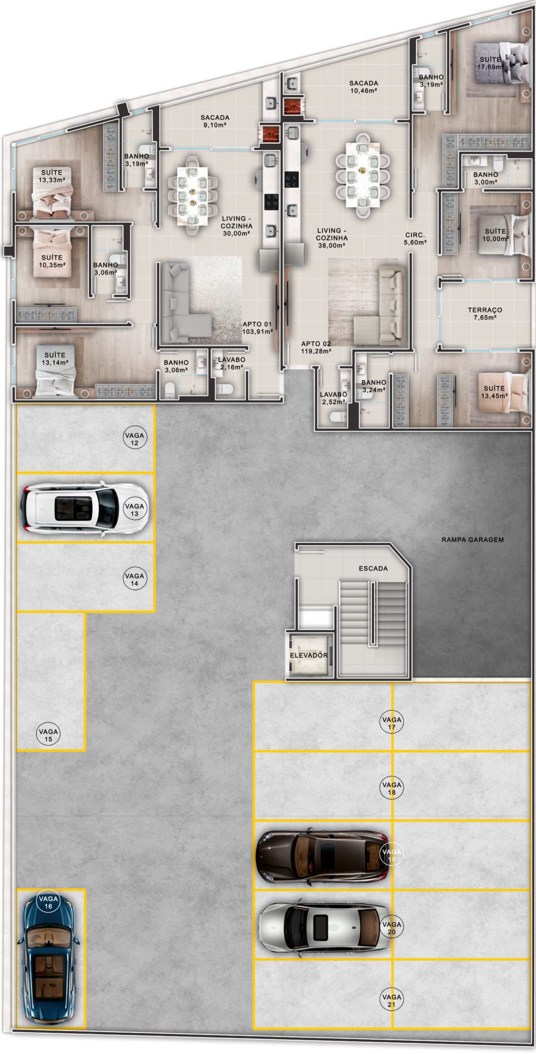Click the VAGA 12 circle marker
134,439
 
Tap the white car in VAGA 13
82,508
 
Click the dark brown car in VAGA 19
324,856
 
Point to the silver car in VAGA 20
324,928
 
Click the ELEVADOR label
309,655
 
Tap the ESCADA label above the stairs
373,568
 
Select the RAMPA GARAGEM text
472,540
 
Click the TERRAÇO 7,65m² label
485,313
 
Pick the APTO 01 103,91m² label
257,328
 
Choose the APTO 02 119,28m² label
316,347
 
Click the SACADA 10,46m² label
364,87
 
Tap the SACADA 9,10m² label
215,121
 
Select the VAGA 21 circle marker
392,1000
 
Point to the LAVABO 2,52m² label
334,398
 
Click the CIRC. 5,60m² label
415,238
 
